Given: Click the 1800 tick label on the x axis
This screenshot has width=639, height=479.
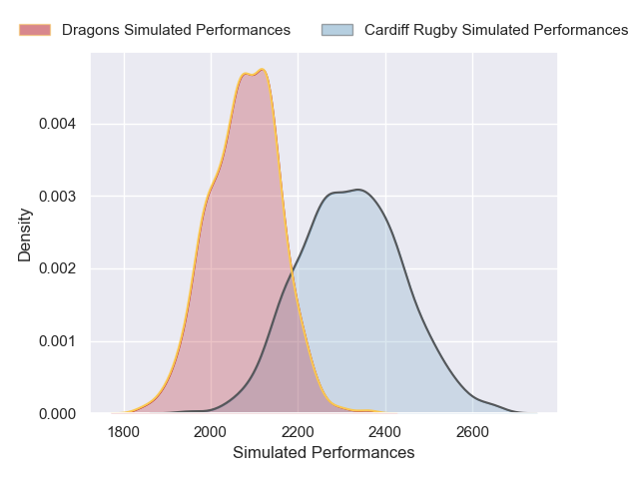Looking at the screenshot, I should point(123,431).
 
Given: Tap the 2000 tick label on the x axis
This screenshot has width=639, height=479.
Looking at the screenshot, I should point(211,431).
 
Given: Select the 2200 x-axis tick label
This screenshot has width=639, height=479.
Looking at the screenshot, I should point(298,431).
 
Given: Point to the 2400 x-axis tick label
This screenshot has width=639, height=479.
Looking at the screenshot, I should point(385,431).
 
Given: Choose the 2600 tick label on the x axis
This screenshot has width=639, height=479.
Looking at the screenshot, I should point(472,431).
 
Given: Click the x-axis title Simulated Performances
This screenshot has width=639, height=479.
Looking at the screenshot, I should point(323,453).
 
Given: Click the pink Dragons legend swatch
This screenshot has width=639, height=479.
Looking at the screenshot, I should point(35,30).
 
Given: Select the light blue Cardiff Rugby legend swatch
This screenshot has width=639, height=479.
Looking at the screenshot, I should point(337,30).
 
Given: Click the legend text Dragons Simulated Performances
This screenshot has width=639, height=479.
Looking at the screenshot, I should point(176,30).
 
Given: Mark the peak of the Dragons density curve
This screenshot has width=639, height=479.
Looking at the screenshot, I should point(263,70).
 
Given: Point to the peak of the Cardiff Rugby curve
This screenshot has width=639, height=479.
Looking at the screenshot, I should point(357,190).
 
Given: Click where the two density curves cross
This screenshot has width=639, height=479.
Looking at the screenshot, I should point(292,269).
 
